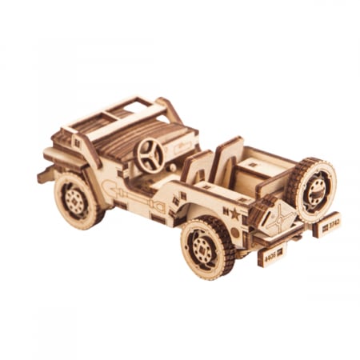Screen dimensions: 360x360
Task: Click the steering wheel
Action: click(150, 155)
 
